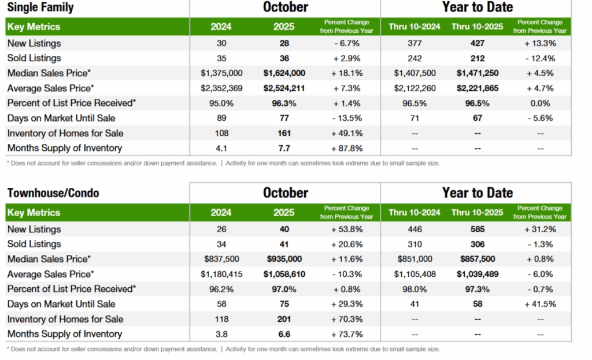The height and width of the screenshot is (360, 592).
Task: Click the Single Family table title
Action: pos(40,8)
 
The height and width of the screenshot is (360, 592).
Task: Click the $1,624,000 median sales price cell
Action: pos(284,73)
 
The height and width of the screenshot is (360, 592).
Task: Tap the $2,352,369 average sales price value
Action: pos(222,88)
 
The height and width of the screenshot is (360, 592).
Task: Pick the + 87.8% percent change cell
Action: pos(347,148)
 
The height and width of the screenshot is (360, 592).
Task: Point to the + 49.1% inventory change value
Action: pos(347,133)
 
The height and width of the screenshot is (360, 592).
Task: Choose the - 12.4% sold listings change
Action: pos(540,58)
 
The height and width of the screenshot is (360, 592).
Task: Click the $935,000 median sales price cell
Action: pos(284,259)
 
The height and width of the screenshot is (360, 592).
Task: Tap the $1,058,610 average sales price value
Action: pos(284,274)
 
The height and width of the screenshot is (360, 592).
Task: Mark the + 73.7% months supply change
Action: pos(347,334)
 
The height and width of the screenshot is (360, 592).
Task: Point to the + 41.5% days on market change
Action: pos(540,304)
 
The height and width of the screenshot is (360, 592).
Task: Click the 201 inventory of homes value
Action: pos(284,319)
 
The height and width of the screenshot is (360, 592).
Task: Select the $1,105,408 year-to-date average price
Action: pos(415,274)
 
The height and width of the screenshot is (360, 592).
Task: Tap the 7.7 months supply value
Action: pos(284,148)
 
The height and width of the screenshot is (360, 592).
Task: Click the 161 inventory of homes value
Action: pos(284,133)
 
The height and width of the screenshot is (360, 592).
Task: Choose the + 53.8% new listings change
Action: pos(347,229)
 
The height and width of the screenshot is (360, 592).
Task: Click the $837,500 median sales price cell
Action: pos(222,259)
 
